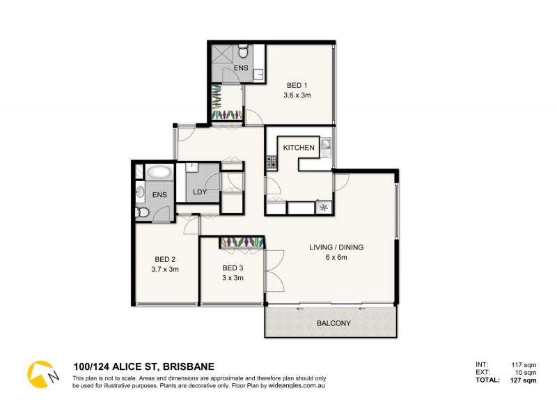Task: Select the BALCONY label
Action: point(334,324)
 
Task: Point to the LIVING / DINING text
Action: point(337,247)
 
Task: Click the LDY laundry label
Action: point(200,192)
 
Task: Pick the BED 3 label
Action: point(233,268)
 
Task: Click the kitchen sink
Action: point(326,147)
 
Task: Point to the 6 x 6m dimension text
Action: point(337,258)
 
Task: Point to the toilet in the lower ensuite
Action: point(142,212)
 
